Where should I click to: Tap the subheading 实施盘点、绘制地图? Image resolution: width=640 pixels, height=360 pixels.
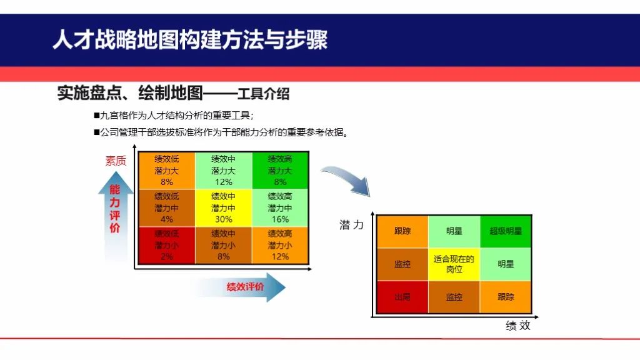pyautogui.click(x=130, y=94)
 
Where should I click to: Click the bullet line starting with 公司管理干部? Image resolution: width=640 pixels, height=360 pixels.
pyautogui.click(x=219, y=132)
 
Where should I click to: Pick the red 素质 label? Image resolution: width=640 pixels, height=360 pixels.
pyautogui.click(x=116, y=161)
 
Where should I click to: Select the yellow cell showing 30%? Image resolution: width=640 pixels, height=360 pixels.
pyautogui.click(x=223, y=207)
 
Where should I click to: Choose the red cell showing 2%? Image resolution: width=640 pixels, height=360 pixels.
pyautogui.click(x=166, y=245)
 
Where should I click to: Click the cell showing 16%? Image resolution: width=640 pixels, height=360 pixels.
pyautogui.click(x=280, y=207)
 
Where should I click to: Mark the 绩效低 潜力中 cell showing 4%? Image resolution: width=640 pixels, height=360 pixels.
pyautogui.click(x=166, y=207)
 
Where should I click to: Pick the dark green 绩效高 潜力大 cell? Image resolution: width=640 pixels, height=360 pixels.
pyautogui.click(x=280, y=170)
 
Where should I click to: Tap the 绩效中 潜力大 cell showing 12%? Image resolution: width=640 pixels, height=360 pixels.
pyautogui.click(x=223, y=170)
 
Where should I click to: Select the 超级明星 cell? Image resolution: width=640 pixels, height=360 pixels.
pyautogui.click(x=505, y=231)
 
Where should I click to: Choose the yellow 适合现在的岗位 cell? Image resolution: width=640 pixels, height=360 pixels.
pyautogui.click(x=454, y=264)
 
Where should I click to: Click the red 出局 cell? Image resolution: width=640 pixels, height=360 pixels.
pyautogui.click(x=402, y=297)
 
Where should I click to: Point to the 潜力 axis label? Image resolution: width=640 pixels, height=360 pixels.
pyautogui.click(x=351, y=225)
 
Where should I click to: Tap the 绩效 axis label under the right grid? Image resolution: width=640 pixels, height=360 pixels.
pyautogui.click(x=517, y=325)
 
